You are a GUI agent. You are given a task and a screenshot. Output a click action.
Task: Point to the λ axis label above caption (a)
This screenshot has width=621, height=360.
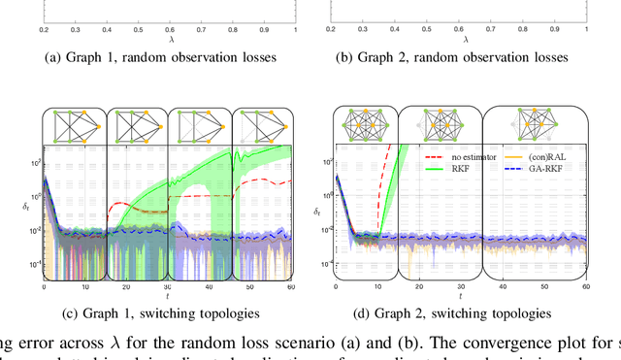(167, 42)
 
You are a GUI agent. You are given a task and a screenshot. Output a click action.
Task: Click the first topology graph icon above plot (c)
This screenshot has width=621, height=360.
(72, 125)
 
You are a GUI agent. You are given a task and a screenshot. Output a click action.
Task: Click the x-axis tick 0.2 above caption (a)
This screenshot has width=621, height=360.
(44, 30)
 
